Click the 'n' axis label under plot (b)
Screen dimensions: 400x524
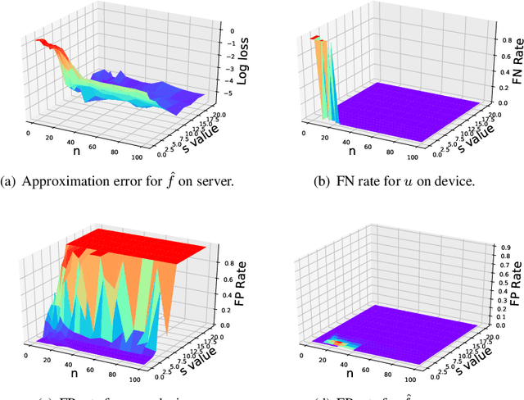pos(336,150)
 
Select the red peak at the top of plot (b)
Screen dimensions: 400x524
pos(314,38)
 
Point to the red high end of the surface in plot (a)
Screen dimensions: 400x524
pos(41,42)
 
